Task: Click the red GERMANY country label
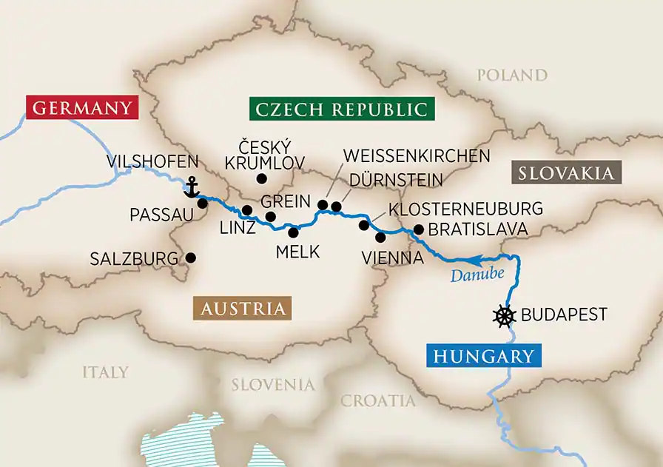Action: (81, 108)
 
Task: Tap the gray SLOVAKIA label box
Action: (565, 173)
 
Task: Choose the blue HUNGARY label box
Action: (482, 356)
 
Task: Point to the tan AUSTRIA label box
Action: (242, 308)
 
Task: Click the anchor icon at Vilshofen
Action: (192, 187)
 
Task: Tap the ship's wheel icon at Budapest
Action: (503, 315)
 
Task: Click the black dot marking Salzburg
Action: (190, 258)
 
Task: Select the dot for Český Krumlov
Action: (260, 178)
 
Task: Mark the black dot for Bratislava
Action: (418, 229)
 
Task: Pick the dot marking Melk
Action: (294, 232)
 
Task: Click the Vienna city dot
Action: (380, 238)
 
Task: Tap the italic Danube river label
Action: (471, 275)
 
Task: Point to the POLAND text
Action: (512, 75)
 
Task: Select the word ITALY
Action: (105, 372)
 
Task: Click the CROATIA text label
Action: (377, 400)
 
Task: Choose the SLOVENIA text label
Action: (273, 384)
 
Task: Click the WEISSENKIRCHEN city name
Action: (417, 155)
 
